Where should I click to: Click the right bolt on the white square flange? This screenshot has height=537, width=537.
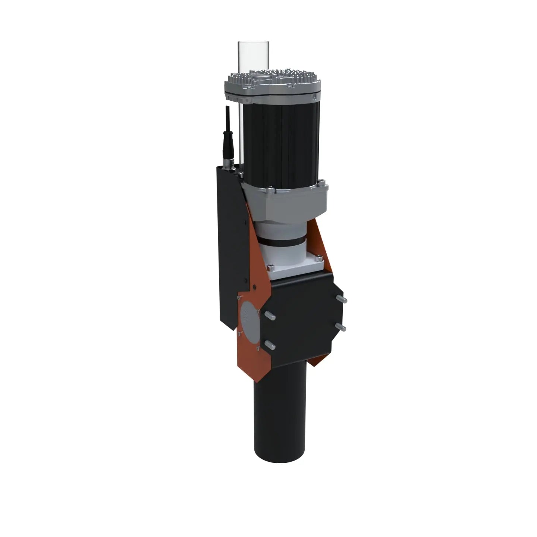(x=319, y=256)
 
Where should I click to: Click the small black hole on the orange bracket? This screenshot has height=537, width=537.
(x=254, y=287)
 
